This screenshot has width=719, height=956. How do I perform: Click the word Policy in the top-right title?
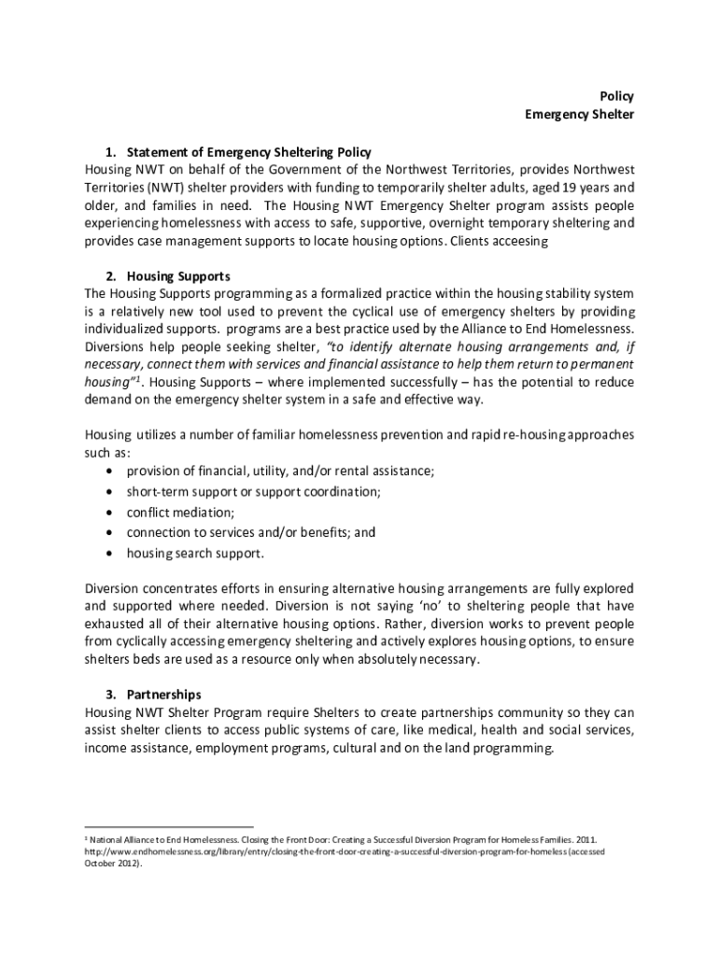pos(615,96)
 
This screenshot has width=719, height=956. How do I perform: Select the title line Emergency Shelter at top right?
pos(579,115)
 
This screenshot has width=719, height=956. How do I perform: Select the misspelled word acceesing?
pos(515,241)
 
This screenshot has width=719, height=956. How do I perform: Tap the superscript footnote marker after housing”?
pos(136,379)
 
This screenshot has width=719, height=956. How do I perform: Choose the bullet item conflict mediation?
pos(180,512)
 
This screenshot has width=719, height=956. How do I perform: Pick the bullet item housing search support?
pos(196,553)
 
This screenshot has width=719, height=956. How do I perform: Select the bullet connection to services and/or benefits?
pos(251,532)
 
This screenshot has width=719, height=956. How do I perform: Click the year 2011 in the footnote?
pos(584,840)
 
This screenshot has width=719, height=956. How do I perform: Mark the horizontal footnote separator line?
pos(168,826)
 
